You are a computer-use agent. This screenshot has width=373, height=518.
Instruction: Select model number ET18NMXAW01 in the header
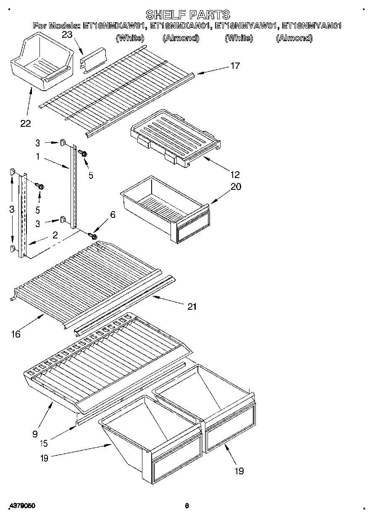114,26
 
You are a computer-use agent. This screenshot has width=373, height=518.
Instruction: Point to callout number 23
67,35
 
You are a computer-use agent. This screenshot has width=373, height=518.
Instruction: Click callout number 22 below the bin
26,123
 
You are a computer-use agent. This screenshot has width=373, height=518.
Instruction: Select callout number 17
235,66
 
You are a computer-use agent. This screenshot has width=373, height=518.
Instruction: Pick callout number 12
235,174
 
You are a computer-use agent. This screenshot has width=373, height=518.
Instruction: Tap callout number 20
236,186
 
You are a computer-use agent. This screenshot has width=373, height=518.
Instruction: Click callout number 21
192,307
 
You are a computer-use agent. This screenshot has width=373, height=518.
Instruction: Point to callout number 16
16,334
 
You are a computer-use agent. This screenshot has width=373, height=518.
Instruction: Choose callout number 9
34,434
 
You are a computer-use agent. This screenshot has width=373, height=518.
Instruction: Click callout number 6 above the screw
112,215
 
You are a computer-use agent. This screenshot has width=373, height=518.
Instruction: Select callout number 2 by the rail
55,236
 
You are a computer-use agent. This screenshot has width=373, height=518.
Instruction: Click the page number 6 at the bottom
187,506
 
